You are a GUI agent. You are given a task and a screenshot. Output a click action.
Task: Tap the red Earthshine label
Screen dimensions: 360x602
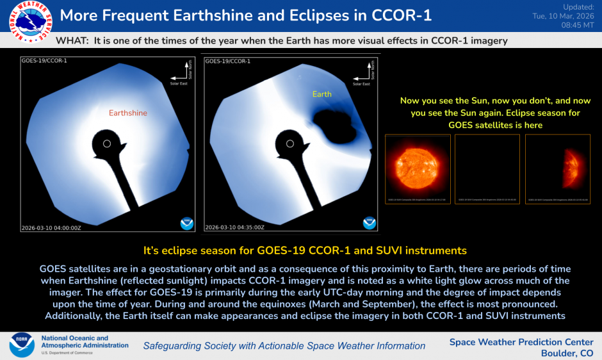coord(128,113)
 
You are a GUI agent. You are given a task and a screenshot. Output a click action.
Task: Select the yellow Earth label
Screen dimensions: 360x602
coord(321,94)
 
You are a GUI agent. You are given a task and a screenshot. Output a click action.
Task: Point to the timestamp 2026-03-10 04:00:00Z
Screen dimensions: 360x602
coord(50,227)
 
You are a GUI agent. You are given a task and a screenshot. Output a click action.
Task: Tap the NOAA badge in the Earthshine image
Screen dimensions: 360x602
coord(186,223)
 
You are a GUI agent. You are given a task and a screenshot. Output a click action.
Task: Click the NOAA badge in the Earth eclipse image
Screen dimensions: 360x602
coord(369,223)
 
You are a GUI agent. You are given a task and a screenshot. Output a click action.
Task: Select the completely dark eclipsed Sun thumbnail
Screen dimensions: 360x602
coord(487,169)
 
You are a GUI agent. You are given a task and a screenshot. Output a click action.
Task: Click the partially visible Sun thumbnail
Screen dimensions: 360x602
coord(557,169)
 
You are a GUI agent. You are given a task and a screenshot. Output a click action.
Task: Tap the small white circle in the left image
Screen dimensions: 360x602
coord(107,143)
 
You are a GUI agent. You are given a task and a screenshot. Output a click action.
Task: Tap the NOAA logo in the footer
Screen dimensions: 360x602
coord(21,345)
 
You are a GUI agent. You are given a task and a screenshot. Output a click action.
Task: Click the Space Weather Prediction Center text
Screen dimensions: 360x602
coord(521,342)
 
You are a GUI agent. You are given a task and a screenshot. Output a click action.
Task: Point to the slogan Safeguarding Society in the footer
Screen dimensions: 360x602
coord(284,346)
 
